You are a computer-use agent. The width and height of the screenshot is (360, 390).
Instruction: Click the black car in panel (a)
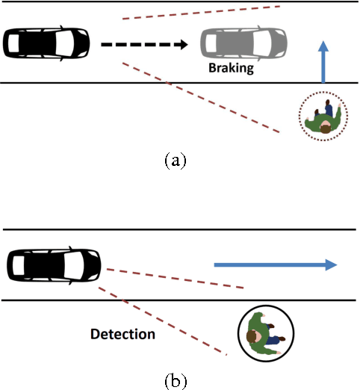point(46,43)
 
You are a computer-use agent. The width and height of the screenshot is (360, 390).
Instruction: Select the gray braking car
point(243,43)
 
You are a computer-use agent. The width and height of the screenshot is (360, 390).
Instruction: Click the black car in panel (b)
point(53,264)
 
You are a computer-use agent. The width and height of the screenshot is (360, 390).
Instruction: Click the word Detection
point(123,334)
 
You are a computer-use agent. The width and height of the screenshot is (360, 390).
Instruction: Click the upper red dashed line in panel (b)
point(176,278)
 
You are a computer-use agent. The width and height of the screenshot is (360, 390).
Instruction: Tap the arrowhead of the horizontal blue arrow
point(330,264)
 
